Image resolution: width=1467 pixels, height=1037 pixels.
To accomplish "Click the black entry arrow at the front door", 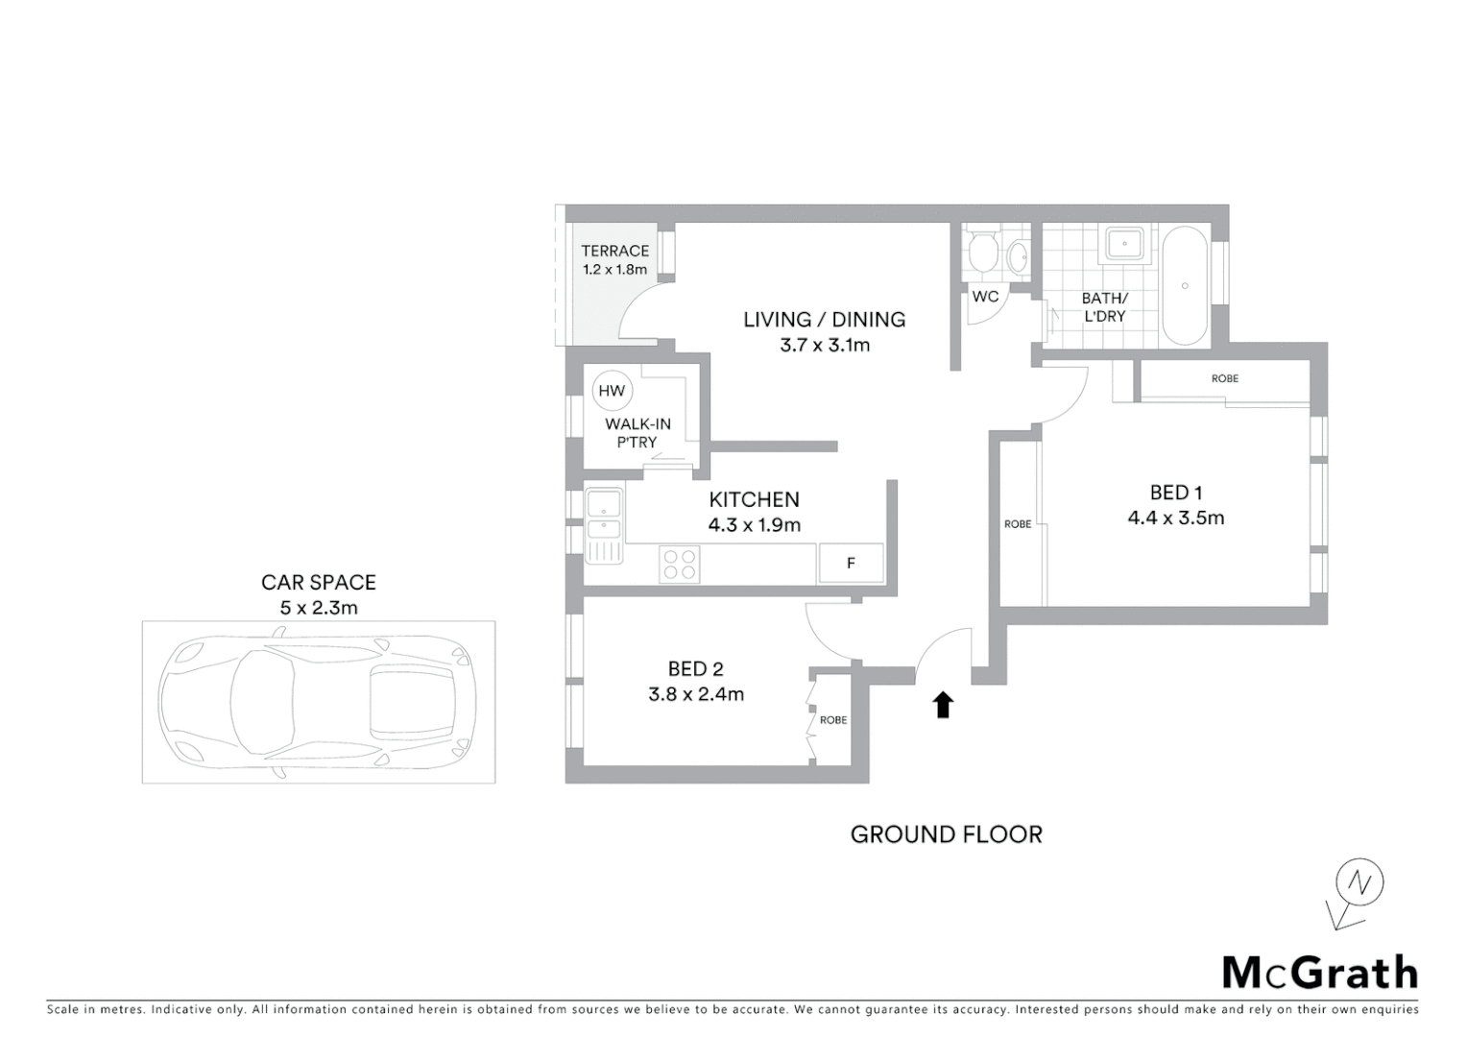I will click(x=943, y=705).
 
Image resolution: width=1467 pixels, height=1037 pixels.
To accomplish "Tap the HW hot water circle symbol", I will click(x=612, y=391).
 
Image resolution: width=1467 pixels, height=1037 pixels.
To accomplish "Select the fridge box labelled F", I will click(x=851, y=564).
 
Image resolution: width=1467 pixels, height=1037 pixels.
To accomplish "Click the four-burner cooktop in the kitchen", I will click(x=680, y=564).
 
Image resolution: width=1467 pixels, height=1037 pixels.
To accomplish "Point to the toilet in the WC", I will click(x=982, y=253).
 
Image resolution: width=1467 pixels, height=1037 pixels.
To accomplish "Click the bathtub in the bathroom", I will click(x=1186, y=285).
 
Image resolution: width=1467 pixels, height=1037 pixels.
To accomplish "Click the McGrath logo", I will click(x=1319, y=973).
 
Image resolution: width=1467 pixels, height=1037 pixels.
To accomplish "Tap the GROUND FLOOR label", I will click(x=946, y=834).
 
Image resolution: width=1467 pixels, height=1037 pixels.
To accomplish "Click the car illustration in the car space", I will click(x=319, y=700).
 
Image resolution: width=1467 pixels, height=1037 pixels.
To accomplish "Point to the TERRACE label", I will click(x=614, y=251).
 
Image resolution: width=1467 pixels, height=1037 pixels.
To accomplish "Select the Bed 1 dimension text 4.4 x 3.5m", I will click(x=1176, y=518).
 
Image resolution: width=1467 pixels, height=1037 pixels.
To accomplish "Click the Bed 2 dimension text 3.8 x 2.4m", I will click(x=696, y=694).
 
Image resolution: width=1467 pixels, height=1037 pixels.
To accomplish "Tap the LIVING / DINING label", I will click(x=824, y=320).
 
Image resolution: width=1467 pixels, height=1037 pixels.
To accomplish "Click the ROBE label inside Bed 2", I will click(x=833, y=720).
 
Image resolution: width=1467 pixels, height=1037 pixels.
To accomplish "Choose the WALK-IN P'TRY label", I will click(x=637, y=433).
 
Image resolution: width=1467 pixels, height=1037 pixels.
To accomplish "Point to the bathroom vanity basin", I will click(x=1123, y=244).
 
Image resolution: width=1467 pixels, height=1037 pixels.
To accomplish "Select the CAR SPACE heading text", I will click(x=319, y=583).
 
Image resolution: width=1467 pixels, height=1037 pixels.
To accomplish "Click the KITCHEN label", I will click(x=754, y=499).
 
